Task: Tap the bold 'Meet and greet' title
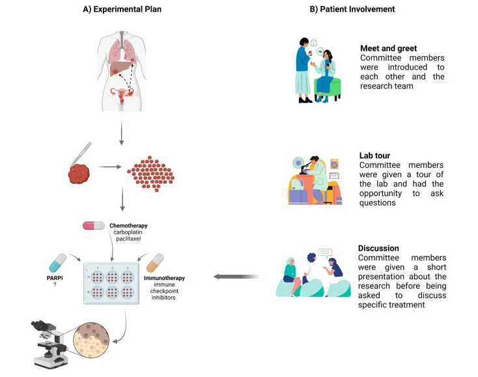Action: (x=389, y=48)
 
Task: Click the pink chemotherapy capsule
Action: (x=93, y=225)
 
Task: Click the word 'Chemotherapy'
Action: (x=130, y=225)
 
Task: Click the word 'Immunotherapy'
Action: (x=165, y=278)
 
